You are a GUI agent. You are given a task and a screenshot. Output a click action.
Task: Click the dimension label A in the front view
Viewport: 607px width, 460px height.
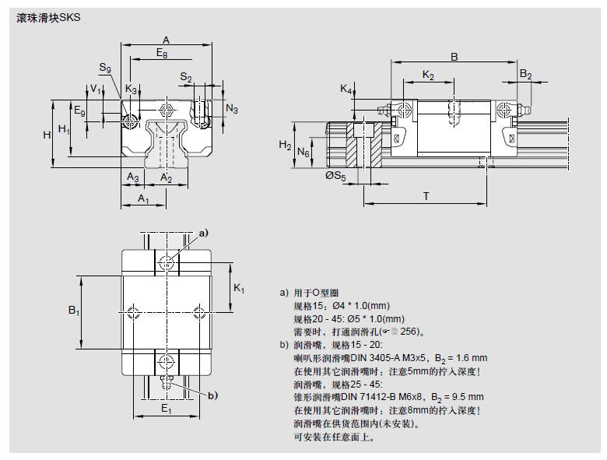pos(166,40)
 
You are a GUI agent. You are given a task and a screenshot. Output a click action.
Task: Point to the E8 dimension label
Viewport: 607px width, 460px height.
pos(161,53)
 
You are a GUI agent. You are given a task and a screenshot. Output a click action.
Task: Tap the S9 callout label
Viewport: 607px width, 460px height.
pos(105,68)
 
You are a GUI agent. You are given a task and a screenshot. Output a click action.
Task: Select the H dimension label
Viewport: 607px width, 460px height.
pos(47,135)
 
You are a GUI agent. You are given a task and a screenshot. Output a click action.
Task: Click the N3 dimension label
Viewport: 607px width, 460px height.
pos(232,108)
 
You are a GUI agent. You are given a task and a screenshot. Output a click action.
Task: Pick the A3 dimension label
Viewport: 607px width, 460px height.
pos(133,179)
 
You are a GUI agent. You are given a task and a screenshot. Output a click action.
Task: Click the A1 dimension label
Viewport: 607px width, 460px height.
pos(144,200)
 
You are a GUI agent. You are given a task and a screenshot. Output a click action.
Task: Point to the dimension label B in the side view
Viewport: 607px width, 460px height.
pos(454,56)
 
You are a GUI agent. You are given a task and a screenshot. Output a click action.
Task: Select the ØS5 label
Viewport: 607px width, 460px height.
pos(335,177)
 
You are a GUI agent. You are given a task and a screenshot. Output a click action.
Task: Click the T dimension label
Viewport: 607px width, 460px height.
pos(426,196)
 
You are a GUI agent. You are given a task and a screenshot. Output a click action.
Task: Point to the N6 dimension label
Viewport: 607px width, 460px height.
pos(303,154)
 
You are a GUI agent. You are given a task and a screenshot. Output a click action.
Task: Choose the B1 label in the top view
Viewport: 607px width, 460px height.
pos(74,312)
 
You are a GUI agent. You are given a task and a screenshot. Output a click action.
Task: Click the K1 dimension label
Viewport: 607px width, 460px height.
pos(239,289)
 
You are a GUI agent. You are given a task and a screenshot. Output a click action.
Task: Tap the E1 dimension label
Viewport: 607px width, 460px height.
pos(166,409)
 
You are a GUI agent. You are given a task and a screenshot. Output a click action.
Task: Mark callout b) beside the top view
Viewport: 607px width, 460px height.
pos(212,395)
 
